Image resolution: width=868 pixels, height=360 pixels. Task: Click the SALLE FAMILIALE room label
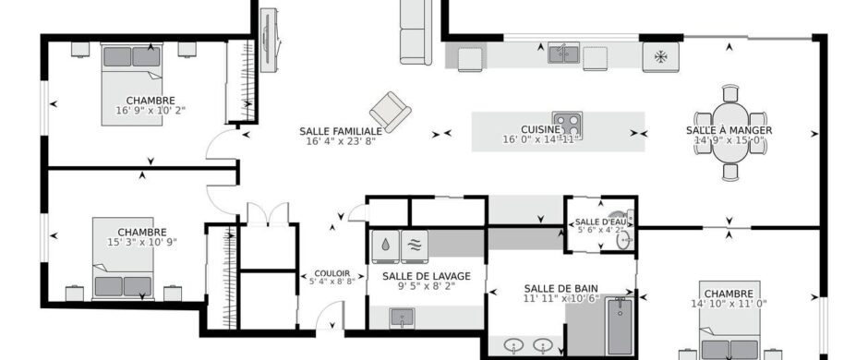click(341, 131)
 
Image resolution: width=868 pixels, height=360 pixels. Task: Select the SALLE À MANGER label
click(729, 130)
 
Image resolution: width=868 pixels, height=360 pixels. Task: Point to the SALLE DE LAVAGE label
click(427, 276)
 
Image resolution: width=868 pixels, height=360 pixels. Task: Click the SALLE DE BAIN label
click(561, 288)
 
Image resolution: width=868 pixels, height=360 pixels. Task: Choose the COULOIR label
click(332, 273)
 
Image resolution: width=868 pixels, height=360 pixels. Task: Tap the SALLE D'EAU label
click(600, 222)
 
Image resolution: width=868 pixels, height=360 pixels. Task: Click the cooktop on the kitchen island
click(567, 125)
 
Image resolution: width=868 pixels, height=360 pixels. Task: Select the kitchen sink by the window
click(563, 54)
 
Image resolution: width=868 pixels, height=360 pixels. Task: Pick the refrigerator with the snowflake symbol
click(660, 57)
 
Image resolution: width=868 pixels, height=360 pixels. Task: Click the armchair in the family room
click(391, 112)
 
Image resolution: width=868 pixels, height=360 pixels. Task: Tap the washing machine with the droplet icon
click(385, 246)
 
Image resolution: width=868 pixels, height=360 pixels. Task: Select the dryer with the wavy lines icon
click(415, 246)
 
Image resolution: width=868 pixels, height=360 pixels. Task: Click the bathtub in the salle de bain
click(620, 326)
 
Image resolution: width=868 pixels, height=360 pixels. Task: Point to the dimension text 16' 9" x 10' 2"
click(151, 110)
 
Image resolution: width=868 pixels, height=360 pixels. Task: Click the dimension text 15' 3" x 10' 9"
click(141, 242)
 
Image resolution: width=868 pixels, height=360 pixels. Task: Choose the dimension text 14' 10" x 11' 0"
click(729, 304)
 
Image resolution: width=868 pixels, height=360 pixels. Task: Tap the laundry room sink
click(402, 318)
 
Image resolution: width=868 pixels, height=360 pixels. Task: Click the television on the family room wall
click(269, 40)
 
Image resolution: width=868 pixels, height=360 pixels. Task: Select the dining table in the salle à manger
click(730, 133)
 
